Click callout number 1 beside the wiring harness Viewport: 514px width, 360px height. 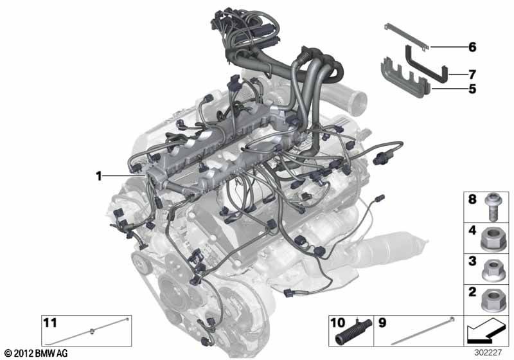click(x=99, y=176)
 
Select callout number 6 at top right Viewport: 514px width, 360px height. click(x=472, y=47)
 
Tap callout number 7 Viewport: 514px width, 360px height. click(x=472, y=75)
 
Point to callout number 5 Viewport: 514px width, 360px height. click(x=472, y=89)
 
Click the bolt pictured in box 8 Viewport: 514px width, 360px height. click(x=491, y=207)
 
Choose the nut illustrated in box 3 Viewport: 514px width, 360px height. click(x=490, y=270)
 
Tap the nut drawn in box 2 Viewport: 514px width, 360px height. click(x=490, y=300)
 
